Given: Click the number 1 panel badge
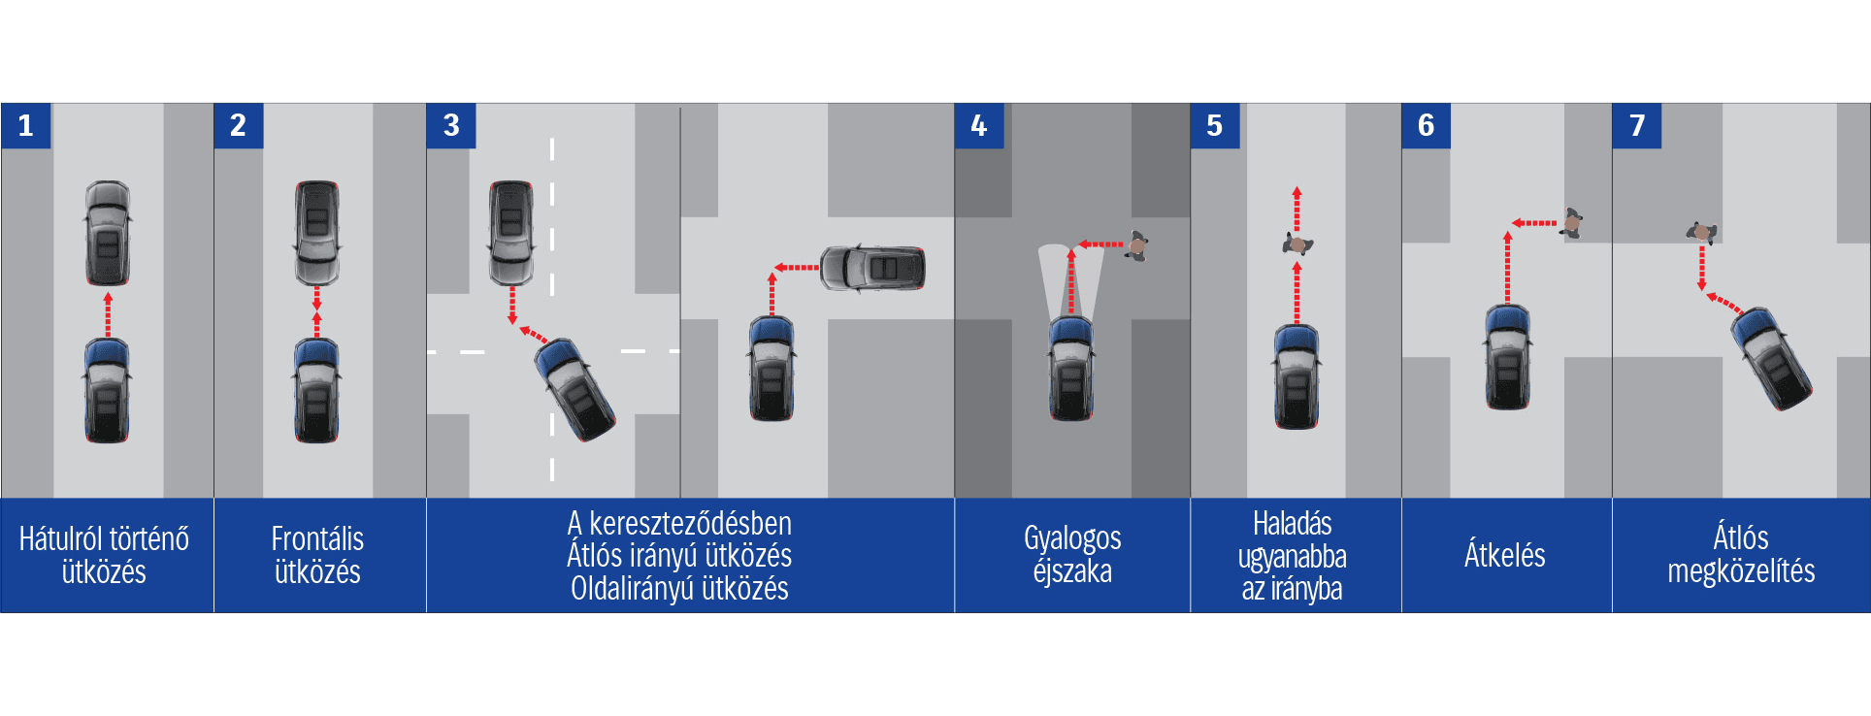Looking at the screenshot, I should [25, 125].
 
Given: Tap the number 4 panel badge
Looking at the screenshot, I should [979, 125].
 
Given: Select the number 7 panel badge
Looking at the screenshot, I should [1637, 125].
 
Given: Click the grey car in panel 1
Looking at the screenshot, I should [108, 233].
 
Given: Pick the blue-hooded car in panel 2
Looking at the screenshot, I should [316, 390].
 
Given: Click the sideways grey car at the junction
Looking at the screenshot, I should [872, 268].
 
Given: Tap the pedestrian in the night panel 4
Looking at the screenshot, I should [1137, 245].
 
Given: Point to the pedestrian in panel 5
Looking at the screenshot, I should [1297, 244].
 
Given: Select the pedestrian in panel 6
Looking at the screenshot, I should [1572, 223].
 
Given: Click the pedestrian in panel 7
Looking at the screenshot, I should [1701, 232].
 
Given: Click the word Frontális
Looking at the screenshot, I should [317, 538].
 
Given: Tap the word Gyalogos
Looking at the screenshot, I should [1072, 537].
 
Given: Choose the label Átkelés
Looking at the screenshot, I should [1504, 555].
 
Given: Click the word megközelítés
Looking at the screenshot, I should [1741, 571].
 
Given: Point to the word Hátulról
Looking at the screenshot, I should [60, 538].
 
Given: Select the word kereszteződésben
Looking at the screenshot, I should [690, 523].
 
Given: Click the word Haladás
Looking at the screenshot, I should [1292, 524].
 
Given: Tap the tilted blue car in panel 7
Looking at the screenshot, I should [1772, 358].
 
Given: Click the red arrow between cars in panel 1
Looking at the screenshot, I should [108, 312].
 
